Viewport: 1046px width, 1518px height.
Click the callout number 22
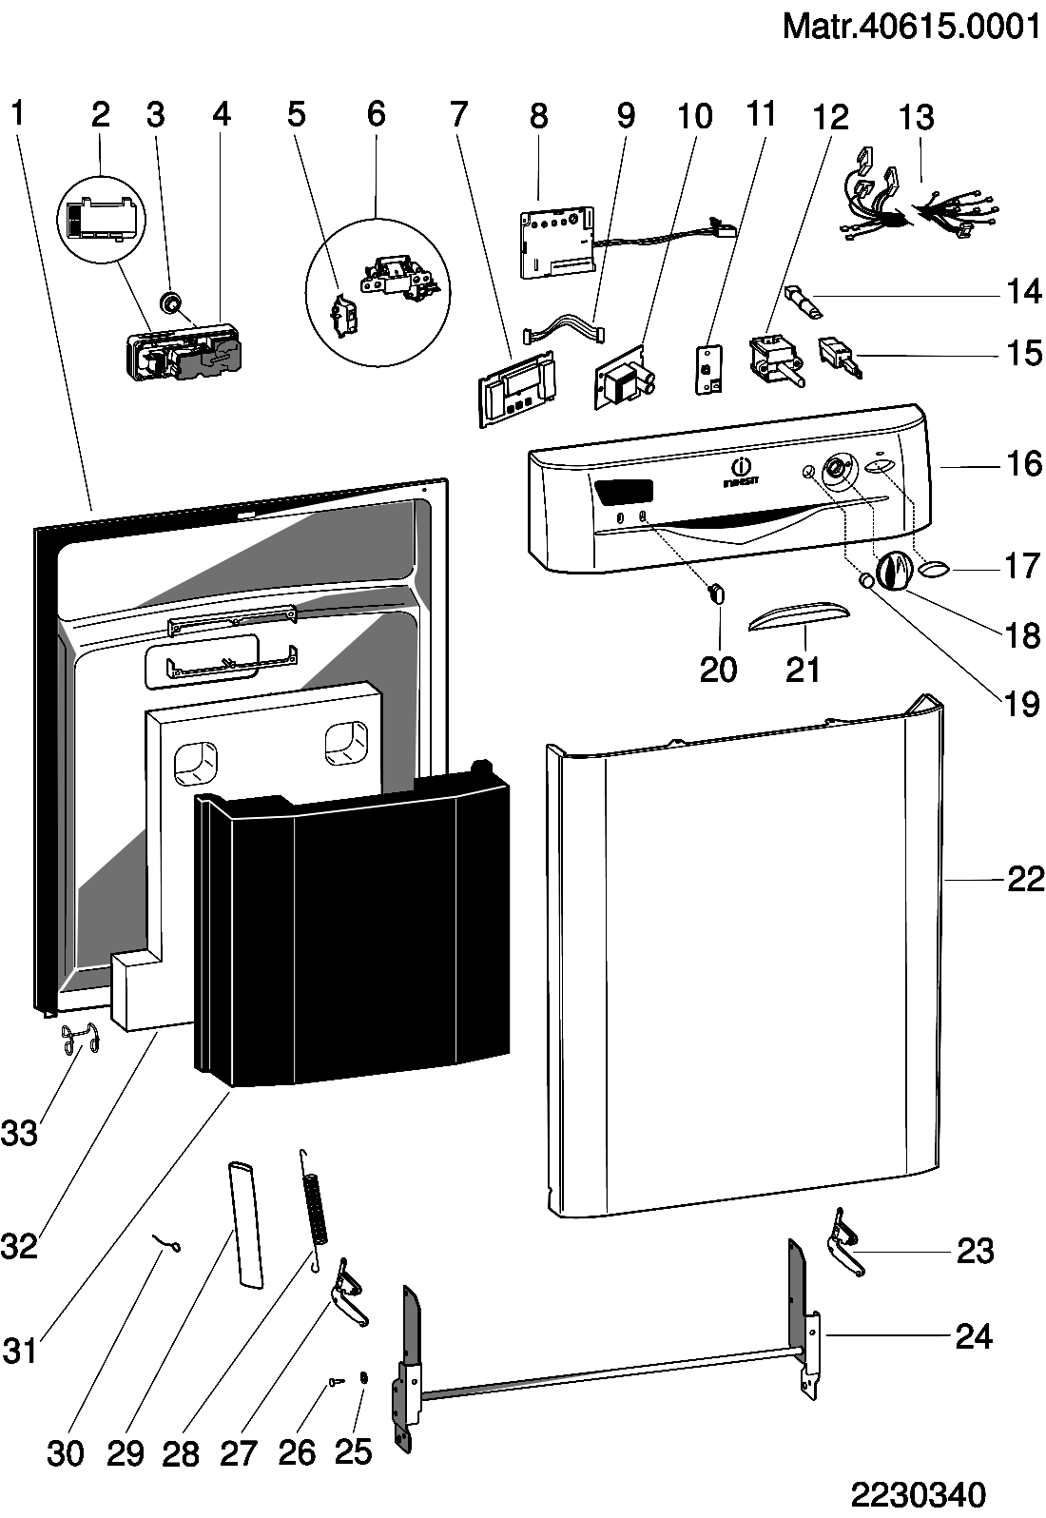point(1026,880)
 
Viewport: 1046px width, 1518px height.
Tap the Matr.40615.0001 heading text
point(911,26)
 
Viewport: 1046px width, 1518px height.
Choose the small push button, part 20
point(717,594)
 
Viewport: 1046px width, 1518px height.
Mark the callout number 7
point(459,114)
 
